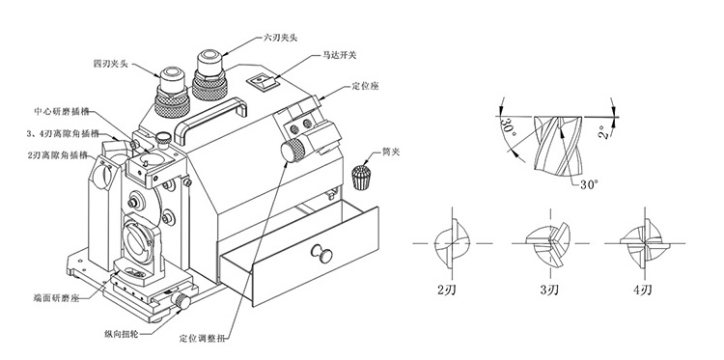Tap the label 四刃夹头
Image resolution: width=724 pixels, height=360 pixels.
click(x=110, y=64)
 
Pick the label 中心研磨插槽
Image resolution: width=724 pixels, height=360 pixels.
click(x=62, y=111)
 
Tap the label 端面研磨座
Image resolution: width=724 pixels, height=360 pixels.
click(x=55, y=297)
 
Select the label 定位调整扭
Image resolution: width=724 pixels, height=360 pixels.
click(x=203, y=339)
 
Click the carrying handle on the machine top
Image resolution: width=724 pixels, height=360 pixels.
click(x=210, y=117)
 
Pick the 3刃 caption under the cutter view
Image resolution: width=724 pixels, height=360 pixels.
click(x=549, y=290)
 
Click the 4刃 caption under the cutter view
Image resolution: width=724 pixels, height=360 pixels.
click(x=642, y=290)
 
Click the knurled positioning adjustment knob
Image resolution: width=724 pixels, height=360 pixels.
click(x=293, y=152)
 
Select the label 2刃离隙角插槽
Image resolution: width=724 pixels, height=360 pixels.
click(x=58, y=155)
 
